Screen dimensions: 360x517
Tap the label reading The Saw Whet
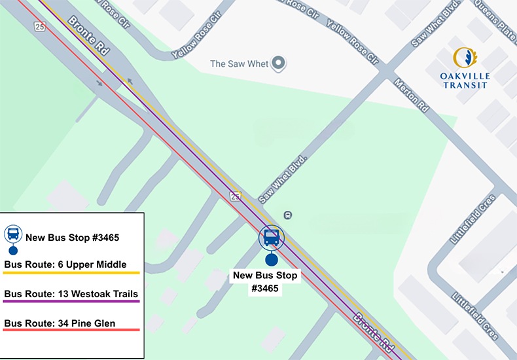(x=239, y=63)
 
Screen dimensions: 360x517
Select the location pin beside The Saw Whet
(x=279, y=63)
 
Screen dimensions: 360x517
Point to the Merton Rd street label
(x=412, y=95)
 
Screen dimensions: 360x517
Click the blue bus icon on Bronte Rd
(x=272, y=237)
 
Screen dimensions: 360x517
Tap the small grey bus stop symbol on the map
(x=288, y=215)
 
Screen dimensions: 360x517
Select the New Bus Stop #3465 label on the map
(x=265, y=281)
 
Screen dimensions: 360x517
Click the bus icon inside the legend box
(x=13, y=234)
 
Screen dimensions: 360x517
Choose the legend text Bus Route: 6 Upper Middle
(x=65, y=264)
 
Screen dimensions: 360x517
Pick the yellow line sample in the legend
(x=71, y=273)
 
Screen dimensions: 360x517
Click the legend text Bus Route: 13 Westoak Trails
(x=71, y=293)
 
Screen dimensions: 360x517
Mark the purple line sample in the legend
(x=71, y=301)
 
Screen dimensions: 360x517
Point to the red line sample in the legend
(x=71, y=330)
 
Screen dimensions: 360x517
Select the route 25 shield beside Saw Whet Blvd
(x=234, y=196)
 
